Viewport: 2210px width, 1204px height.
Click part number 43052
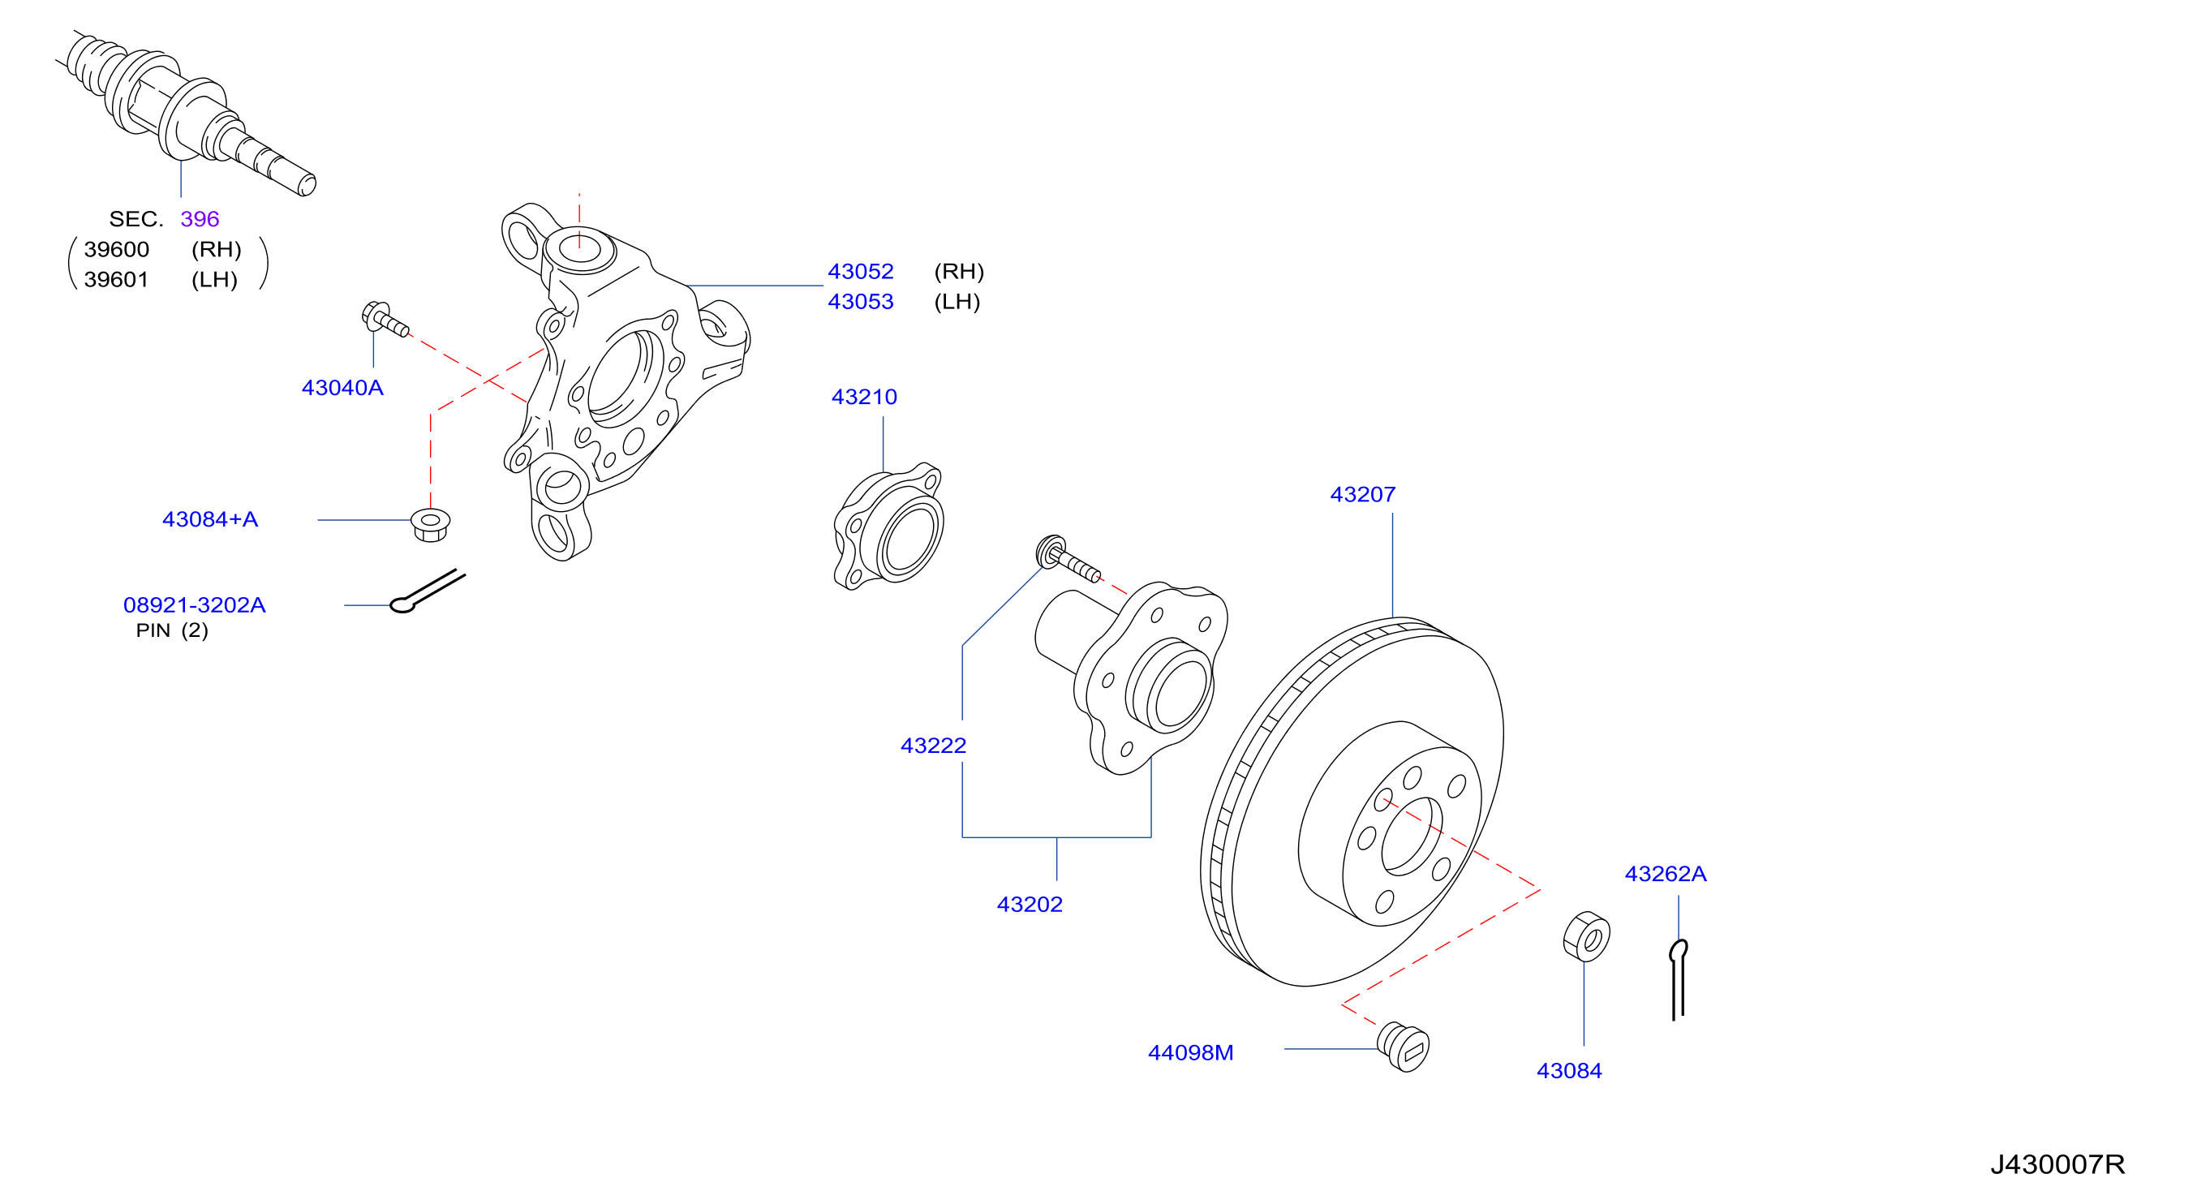point(861,271)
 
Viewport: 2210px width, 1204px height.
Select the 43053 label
point(861,301)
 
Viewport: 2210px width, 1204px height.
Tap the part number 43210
point(864,397)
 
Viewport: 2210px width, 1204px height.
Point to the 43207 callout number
point(1362,494)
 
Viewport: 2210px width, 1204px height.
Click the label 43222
point(934,746)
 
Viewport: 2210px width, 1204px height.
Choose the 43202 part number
point(1030,905)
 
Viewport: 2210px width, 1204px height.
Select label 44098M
point(1191,1053)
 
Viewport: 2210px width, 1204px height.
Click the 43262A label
point(1666,874)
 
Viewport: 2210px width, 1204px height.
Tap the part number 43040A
point(342,388)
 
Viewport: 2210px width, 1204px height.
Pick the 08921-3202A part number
point(195,605)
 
